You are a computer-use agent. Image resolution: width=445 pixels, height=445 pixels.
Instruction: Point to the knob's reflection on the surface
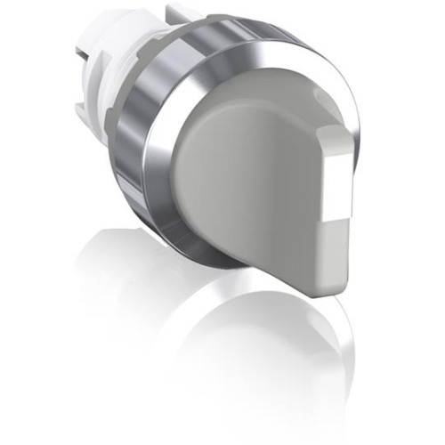[267, 356]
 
